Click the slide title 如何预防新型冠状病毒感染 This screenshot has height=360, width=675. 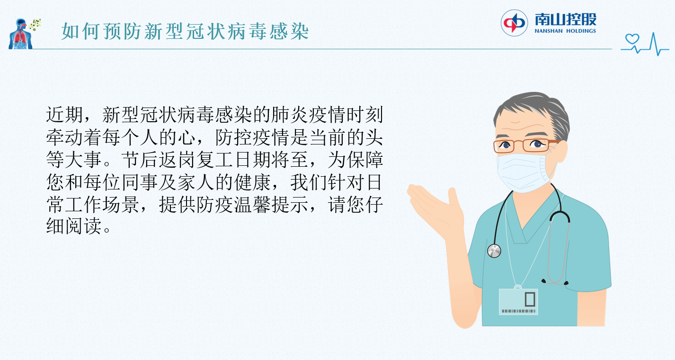point(186,31)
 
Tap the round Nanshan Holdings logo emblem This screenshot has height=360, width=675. point(514,23)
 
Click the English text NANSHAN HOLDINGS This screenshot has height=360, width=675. point(565,31)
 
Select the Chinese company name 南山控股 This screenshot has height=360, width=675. point(566,19)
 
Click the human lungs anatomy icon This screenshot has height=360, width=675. point(20,34)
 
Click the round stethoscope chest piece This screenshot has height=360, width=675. point(494,251)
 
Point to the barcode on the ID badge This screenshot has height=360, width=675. point(518,311)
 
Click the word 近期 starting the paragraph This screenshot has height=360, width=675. point(64,115)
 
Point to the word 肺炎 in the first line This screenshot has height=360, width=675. point(290,115)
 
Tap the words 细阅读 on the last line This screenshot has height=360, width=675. point(74,226)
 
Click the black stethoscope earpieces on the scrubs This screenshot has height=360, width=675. point(555,282)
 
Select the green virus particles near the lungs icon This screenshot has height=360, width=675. point(35,25)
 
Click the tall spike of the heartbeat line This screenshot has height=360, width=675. point(653,43)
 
